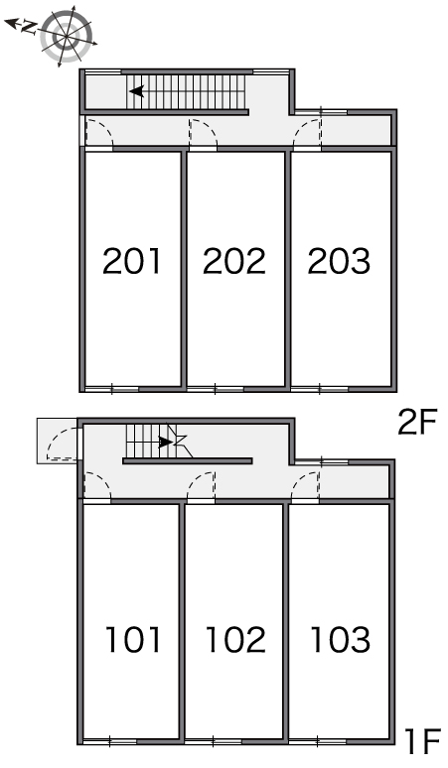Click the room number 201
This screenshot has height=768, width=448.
pos(132,261)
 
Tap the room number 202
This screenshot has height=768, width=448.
pos(234,261)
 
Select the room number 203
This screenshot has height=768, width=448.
pos(339,261)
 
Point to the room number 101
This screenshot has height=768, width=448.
pos(133,639)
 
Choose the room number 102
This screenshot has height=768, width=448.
pos(235,639)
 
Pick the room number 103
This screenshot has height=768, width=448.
pos(341,639)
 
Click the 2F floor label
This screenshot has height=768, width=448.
pos(416,423)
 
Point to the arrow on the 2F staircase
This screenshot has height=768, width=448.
pos(137,91)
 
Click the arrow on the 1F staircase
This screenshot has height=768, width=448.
pos(166,443)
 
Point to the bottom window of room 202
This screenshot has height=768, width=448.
pos(215,389)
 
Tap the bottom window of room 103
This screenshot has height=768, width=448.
pos(318,741)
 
